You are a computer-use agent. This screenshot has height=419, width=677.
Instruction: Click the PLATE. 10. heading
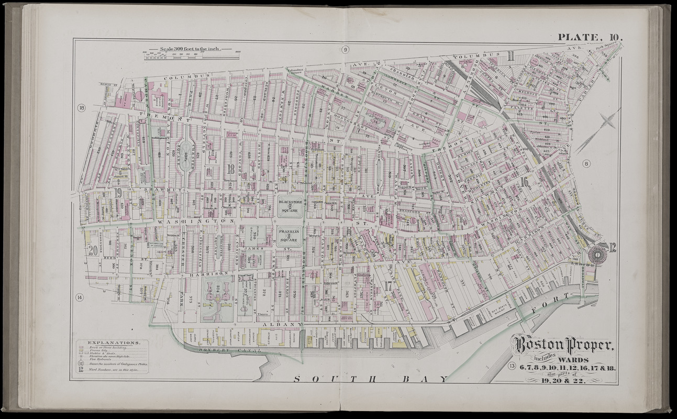click(x=590, y=37)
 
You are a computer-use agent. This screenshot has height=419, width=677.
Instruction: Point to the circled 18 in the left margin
click(x=82, y=108)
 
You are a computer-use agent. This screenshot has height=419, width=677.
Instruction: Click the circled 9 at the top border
click(x=345, y=50)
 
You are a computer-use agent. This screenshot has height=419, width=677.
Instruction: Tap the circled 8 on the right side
click(x=586, y=164)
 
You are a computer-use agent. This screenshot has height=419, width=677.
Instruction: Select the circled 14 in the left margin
click(x=80, y=297)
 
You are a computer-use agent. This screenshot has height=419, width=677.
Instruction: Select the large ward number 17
click(x=388, y=286)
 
